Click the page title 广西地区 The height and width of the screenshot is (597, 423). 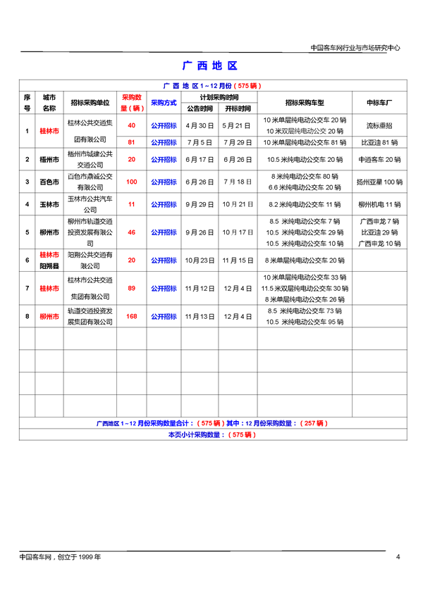coord(210,65)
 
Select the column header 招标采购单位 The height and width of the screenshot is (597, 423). coord(90,103)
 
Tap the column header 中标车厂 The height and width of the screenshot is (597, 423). coord(379,103)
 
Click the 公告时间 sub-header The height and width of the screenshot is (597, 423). coord(200,109)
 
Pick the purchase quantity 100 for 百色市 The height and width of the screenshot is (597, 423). coord(131,182)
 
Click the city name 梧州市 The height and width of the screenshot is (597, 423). coord(48,160)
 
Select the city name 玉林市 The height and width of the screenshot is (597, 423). coord(48,205)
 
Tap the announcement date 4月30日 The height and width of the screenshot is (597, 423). coord(200,125)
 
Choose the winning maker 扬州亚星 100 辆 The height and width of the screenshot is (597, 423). coord(379,182)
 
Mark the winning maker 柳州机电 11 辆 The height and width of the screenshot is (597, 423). coord(379,205)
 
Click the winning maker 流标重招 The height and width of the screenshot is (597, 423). coord(379,125)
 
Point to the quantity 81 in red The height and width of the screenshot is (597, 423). coord(131,142)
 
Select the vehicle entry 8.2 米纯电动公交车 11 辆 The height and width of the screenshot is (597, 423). coord(305,205)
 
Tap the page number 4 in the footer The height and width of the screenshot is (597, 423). coord(398,557)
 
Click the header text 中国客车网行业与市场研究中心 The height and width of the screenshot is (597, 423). coord(355,48)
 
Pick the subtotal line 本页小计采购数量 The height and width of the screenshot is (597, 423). coord(211,435)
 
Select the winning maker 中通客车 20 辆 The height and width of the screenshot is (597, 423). coord(379,160)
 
